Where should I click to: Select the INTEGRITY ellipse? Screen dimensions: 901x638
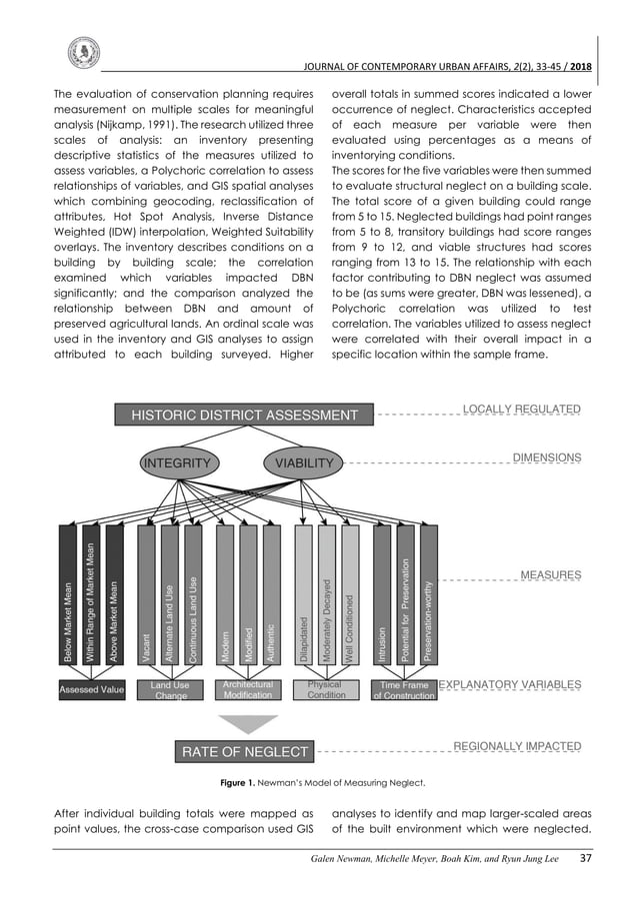pyautogui.click(x=178, y=462)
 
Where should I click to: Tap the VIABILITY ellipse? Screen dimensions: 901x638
pyautogui.click(x=304, y=462)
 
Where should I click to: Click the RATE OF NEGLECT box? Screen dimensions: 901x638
pyautogui.click(x=244, y=751)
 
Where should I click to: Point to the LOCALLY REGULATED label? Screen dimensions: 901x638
pyautogui.click(x=521, y=410)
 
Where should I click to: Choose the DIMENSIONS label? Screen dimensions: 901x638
pyautogui.click(x=546, y=457)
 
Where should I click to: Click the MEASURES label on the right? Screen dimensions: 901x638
pyautogui.click(x=550, y=575)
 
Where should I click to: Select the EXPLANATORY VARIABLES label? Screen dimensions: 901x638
pyautogui.click(x=510, y=685)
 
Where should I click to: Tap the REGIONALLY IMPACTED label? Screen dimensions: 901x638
pyautogui.click(x=517, y=746)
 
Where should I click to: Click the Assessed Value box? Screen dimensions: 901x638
pyautogui.click(x=91, y=689)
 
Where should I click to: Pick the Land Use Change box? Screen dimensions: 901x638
pyautogui.click(x=169, y=689)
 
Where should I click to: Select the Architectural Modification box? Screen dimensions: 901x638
pyautogui.click(x=248, y=689)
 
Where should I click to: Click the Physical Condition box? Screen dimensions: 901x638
pyautogui.click(x=325, y=689)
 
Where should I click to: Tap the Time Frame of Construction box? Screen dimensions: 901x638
pyautogui.click(x=404, y=689)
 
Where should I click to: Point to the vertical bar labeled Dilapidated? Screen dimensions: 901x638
pyautogui.click(x=304, y=594)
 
